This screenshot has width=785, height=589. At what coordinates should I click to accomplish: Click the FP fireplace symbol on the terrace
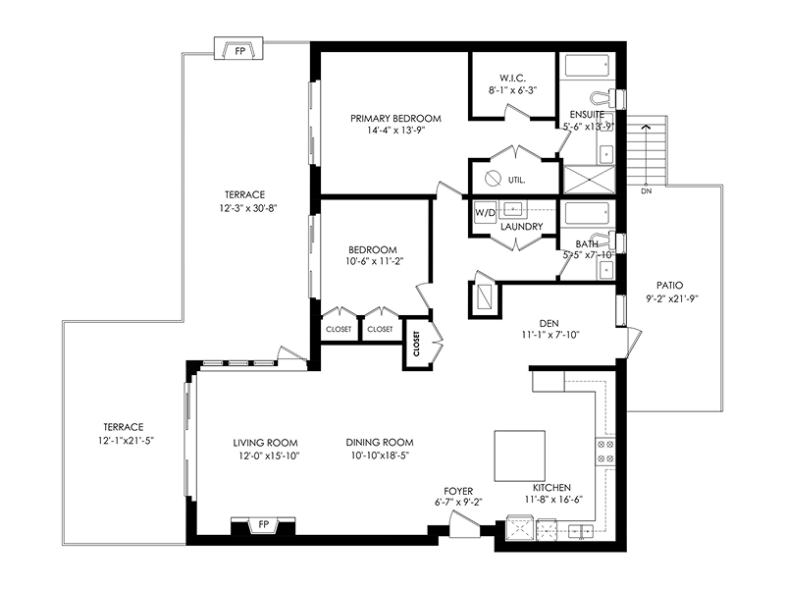click(x=238, y=48)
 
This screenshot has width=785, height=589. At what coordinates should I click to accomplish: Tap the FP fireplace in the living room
click(x=263, y=525)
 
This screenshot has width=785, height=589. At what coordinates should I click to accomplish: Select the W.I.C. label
click(x=512, y=79)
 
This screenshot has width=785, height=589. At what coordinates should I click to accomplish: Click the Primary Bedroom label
click(x=395, y=119)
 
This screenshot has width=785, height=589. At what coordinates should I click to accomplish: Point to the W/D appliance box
click(x=485, y=213)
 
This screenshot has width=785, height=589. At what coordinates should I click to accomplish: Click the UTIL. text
click(x=517, y=180)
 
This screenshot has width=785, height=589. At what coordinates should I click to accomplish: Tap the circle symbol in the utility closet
click(x=494, y=179)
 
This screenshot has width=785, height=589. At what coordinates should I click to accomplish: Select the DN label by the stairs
click(x=647, y=191)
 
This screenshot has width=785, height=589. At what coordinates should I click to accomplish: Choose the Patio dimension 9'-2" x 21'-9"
click(x=672, y=299)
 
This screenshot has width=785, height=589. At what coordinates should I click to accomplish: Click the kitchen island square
click(x=520, y=455)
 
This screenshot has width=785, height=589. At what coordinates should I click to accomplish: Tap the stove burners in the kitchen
click(x=605, y=451)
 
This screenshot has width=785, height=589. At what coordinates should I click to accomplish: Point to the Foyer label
click(x=458, y=492)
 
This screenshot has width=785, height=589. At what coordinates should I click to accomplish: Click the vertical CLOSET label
click(x=416, y=344)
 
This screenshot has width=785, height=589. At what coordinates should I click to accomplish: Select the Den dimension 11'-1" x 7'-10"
click(x=550, y=335)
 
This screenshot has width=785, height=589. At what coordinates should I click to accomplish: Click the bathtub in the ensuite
click(x=587, y=66)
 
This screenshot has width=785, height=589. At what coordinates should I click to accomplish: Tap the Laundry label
click(x=522, y=227)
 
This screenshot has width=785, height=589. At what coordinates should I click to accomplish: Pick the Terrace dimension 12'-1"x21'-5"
click(x=126, y=441)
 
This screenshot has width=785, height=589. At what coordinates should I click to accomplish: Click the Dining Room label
click(x=380, y=443)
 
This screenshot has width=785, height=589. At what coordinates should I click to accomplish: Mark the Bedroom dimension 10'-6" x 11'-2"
click(x=375, y=261)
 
